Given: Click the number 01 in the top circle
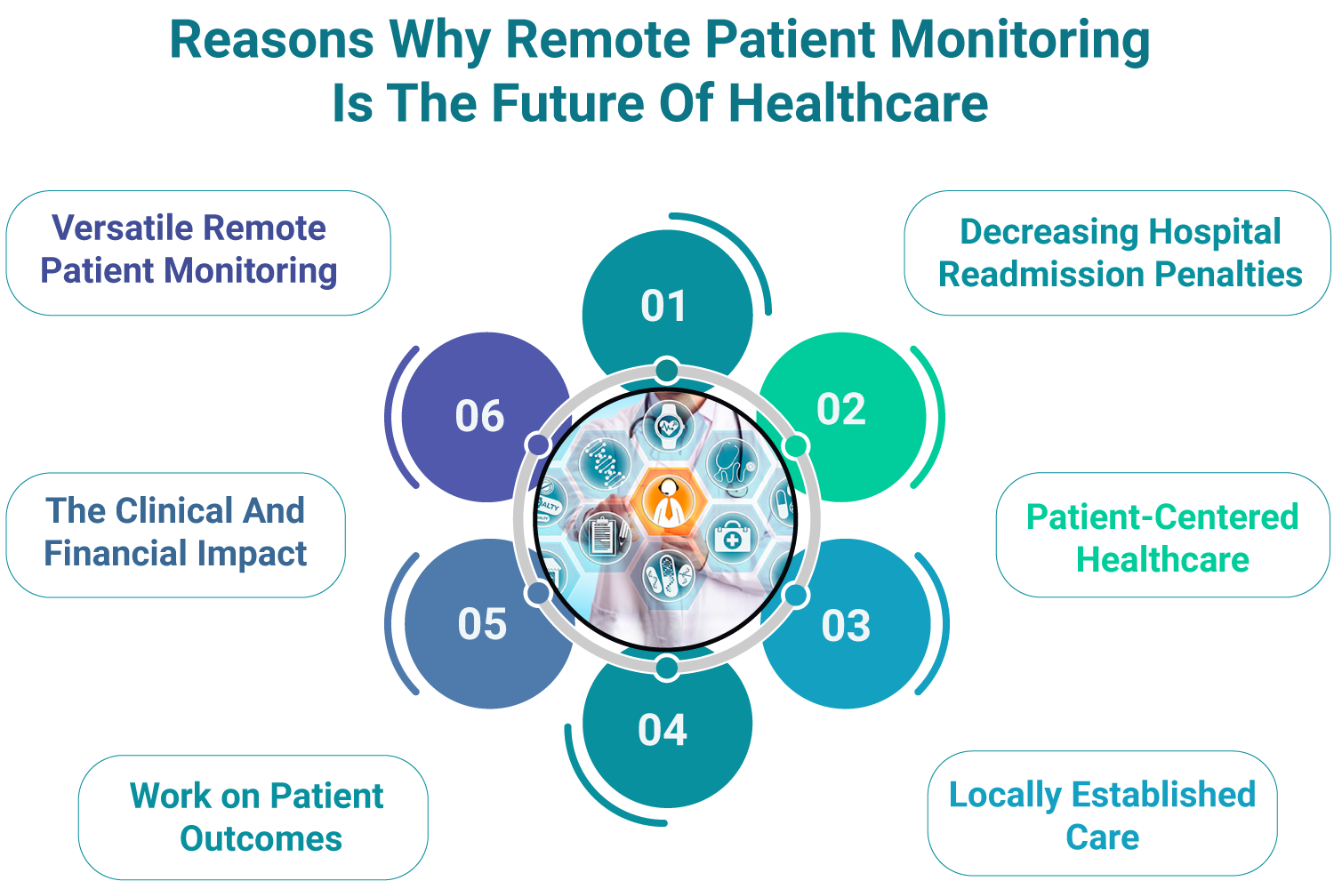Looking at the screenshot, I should (663, 307).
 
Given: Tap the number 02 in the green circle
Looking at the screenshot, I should (840, 410).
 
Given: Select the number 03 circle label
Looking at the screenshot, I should (846, 626).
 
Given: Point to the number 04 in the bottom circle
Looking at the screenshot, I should (663, 731).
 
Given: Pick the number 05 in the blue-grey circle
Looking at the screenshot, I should (482, 624).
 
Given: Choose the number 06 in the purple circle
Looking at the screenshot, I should (479, 416).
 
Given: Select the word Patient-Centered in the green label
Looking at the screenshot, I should (1162, 517).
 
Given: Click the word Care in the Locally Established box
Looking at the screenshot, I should (1102, 837).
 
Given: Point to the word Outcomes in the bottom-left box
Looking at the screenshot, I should (261, 839).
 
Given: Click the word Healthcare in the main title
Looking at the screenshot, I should (858, 103).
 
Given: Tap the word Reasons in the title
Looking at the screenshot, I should (272, 40).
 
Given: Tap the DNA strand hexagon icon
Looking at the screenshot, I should (605, 463).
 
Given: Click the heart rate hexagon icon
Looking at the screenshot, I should (668, 427).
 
